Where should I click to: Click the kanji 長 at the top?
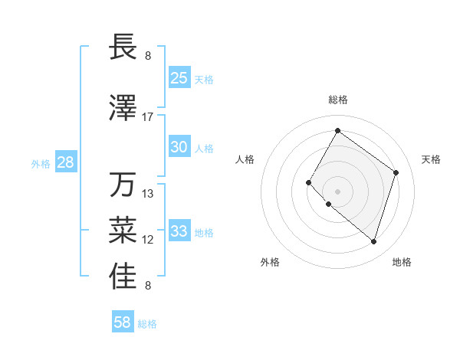(x=123, y=47)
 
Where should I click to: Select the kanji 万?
(x=123, y=185)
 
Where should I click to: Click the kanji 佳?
(x=123, y=277)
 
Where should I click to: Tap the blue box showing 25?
(x=179, y=77)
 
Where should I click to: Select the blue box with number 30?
(x=179, y=147)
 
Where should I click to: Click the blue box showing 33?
(x=179, y=231)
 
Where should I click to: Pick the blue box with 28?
(x=65, y=162)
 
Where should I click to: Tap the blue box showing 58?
(x=123, y=322)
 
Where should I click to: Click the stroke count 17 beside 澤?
(x=148, y=117)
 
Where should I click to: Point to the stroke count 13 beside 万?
(x=148, y=194)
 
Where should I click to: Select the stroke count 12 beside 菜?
(x=148, y=240)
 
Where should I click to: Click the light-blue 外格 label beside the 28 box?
(x=41, y=163)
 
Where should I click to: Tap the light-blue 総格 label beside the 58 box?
(x=147, y=324)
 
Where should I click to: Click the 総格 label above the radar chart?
(x=337, y=100)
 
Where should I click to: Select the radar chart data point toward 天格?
(x=396, y=172)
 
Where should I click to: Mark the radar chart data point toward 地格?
(x=373, y=242)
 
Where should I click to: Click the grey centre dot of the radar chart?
(x=337, y=191)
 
